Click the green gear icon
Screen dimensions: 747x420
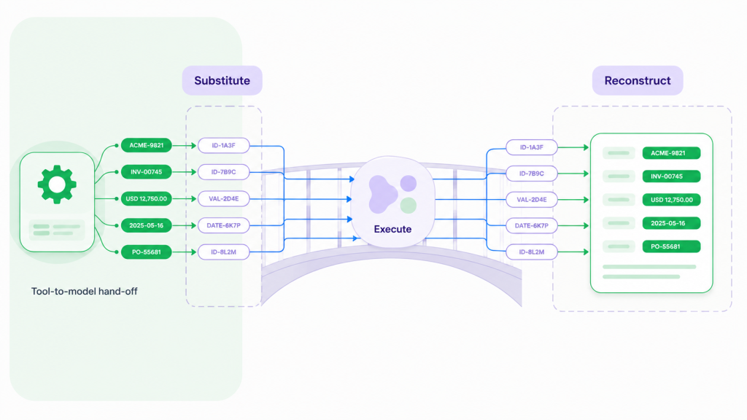tap(57, 184)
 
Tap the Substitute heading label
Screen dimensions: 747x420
tap(222, 80)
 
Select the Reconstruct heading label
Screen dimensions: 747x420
tap(638, 80)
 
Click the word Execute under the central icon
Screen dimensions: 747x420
tap(392, 229)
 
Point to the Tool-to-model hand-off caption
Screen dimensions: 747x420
tap(85, 291)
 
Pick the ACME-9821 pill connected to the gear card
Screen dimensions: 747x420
tap(146, 145)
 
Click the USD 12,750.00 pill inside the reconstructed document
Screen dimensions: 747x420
tap(671, 200)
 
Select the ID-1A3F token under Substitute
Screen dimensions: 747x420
tap(223, 145)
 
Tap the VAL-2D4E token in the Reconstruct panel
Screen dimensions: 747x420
tap(532, 200)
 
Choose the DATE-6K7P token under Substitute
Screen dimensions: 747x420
tap(223, 225)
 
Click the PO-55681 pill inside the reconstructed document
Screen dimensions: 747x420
tap(671, 246)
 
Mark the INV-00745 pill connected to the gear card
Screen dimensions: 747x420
tap(146, 172)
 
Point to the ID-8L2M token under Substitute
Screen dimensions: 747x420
tap(223, 252)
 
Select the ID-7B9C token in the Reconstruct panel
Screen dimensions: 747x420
tap(532, 174)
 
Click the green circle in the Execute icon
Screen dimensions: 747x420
tap(409, 205)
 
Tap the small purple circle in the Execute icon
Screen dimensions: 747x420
tap(409, 183)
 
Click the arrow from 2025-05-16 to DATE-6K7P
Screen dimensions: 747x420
tap(184, 225)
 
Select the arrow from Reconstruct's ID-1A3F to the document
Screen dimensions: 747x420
tap(573, 147)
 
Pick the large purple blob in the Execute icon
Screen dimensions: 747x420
tap(382, 194)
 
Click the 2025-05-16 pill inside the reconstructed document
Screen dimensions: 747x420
tap(671, 223)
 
